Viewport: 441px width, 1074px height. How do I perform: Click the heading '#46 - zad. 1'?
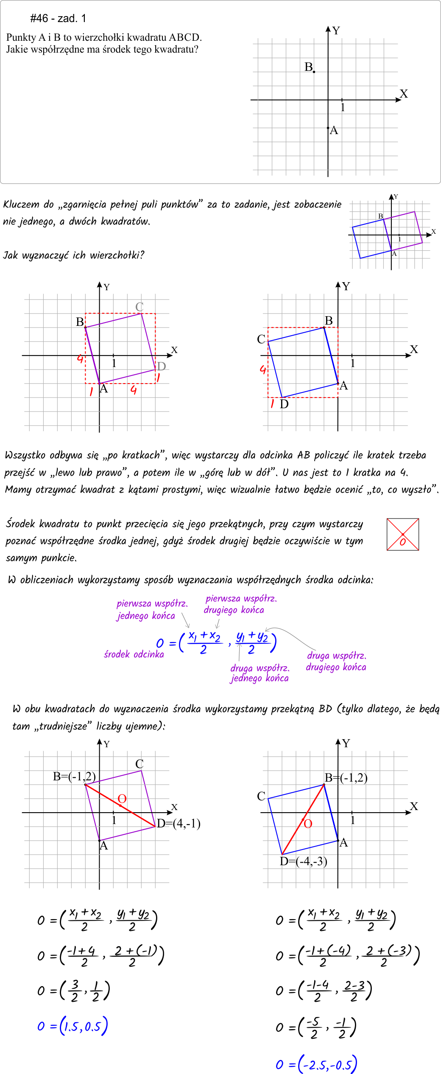[x=58, y=18]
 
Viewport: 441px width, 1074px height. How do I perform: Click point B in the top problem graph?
[x=314, y=72]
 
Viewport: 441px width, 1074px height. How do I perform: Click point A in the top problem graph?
[x=328, y=128]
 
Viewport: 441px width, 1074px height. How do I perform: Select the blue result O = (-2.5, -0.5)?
[x=316, y=1064]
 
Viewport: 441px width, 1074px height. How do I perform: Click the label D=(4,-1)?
[x=179, y=824]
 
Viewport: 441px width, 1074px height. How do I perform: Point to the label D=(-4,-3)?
[x=303, y=861]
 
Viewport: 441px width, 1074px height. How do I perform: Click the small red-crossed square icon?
[x=403, y=534]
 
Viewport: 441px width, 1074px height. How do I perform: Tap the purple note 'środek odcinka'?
[x=134, y=654]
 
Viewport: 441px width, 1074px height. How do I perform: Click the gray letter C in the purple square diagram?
[x=140, y=306]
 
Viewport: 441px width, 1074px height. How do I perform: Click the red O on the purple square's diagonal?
[x=122, y=799]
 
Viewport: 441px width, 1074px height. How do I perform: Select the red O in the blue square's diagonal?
[x=308, y=824]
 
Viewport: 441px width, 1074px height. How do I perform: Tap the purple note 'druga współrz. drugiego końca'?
[x=336, y=661]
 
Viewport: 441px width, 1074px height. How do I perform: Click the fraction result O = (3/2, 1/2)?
[x=74, y=991]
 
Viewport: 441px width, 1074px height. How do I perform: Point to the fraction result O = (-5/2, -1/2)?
[x=316, y=1027]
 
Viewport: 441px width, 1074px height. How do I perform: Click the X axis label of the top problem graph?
[x=404, y=94]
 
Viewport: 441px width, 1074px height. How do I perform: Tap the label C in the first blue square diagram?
[x=261, y=339]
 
